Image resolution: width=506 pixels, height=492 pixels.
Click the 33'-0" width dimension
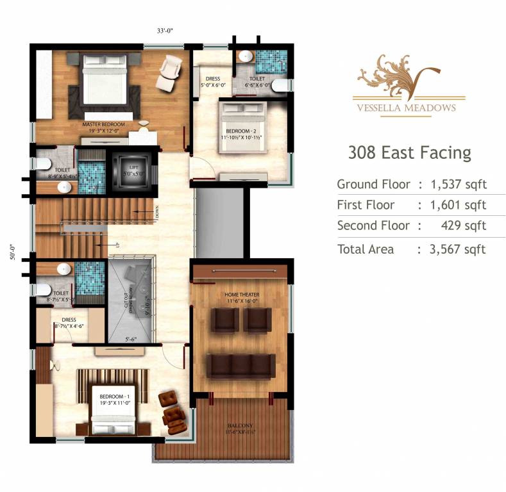[166, 30]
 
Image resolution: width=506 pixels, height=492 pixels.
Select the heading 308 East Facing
[409, 153]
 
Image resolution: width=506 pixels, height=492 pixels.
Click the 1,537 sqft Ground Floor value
[458, 184]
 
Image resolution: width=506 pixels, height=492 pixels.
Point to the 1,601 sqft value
[458, 205]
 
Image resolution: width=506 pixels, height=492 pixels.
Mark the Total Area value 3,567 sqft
[458, 249]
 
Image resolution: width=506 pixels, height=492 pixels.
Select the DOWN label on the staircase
[156, 212]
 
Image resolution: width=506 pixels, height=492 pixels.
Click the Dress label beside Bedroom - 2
[214, 81]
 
